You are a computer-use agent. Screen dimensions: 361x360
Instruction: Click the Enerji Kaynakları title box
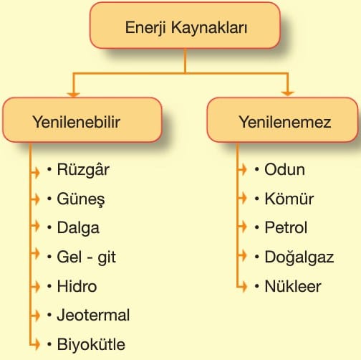tap(185, 25)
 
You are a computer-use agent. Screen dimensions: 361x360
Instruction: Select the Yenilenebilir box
tap(82, 120)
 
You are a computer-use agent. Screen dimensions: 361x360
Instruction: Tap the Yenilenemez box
tap(282, 120)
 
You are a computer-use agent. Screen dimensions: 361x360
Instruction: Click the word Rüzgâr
tap(83, 169)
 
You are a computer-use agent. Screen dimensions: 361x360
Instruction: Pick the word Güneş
tap(81, 199)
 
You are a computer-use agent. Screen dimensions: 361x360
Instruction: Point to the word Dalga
tap(78, 228)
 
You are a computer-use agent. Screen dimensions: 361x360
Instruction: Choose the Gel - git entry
tap(87, 257)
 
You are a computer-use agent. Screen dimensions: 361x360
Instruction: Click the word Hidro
tap(77, 286)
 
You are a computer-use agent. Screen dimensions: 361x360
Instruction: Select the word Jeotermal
tap(93, 315)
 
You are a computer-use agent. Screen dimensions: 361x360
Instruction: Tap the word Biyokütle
tap(91, 344)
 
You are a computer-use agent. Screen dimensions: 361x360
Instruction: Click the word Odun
tap(284, 169)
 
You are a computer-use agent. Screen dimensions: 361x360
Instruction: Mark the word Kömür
tap(289, 199)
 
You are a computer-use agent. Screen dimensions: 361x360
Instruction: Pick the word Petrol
tap(286, 227)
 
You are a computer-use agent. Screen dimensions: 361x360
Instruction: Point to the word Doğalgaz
tap(299, 257)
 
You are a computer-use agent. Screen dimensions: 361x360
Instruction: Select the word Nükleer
tap(293, 286)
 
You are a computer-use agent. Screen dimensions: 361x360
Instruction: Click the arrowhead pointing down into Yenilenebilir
tap(73, 95)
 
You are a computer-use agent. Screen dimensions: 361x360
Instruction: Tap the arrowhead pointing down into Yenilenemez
tap(287, 93)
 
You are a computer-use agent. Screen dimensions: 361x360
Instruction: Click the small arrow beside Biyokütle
tap(35, 344)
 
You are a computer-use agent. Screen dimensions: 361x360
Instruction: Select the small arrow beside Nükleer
tap(242, 286)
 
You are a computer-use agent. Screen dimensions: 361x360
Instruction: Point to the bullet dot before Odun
tap(257, 169)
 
